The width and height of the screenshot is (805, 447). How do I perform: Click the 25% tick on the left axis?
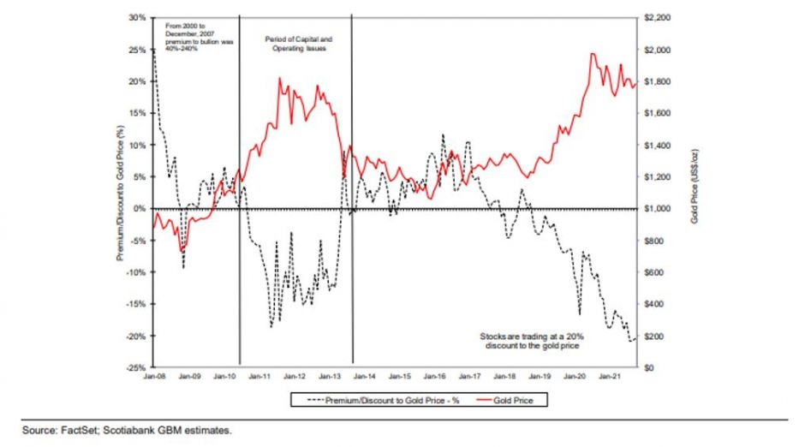pyautogui.click(x=138, y=50)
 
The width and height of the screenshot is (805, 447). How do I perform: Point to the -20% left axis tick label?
pyautogui.click(x=136, y=336)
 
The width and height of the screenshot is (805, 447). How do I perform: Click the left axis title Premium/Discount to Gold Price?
pyautogui.click(x=121, y=193)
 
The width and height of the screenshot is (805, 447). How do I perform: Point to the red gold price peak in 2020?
pyautogui.click(x=593, y=54)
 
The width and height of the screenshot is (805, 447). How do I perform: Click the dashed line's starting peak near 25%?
pyautogui.click(x=153, y=51)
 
